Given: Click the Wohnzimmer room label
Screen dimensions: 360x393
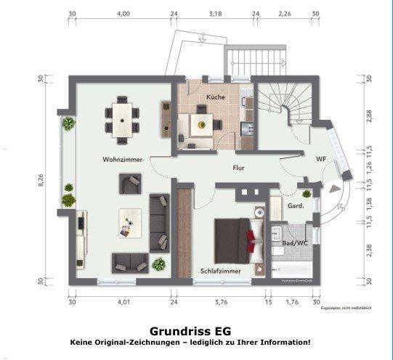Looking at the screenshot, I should (121, 158).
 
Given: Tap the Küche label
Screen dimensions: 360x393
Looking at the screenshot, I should (215, 97).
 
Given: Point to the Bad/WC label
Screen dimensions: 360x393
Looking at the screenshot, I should (295, 243).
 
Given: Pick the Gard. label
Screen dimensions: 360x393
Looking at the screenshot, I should (296, 205).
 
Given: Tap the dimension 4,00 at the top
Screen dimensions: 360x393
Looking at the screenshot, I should (123, 14).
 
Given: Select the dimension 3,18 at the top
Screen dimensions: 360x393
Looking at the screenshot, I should (215, 14).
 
